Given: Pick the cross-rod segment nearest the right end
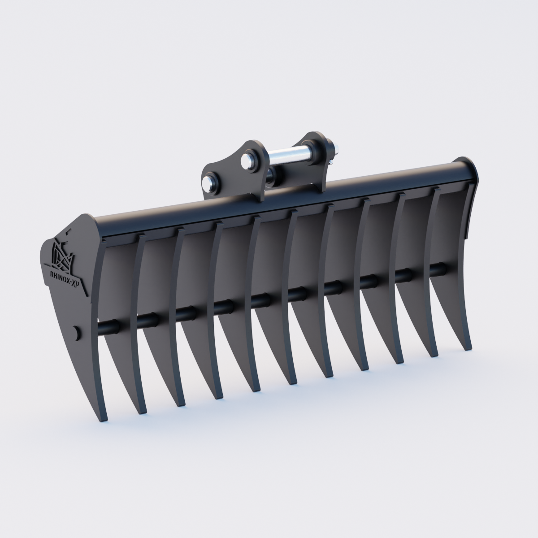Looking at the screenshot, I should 437,269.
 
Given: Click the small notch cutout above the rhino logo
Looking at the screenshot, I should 69,233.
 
